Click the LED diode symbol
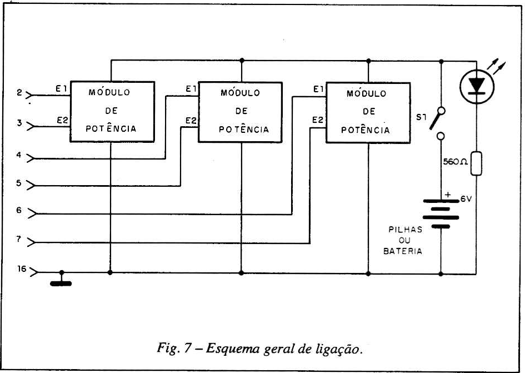476,85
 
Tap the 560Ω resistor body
476,163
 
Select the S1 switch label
421,118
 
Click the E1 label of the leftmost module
61,89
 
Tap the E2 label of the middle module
191,121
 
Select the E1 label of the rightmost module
318,89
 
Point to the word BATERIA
403,251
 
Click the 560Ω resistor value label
454,162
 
